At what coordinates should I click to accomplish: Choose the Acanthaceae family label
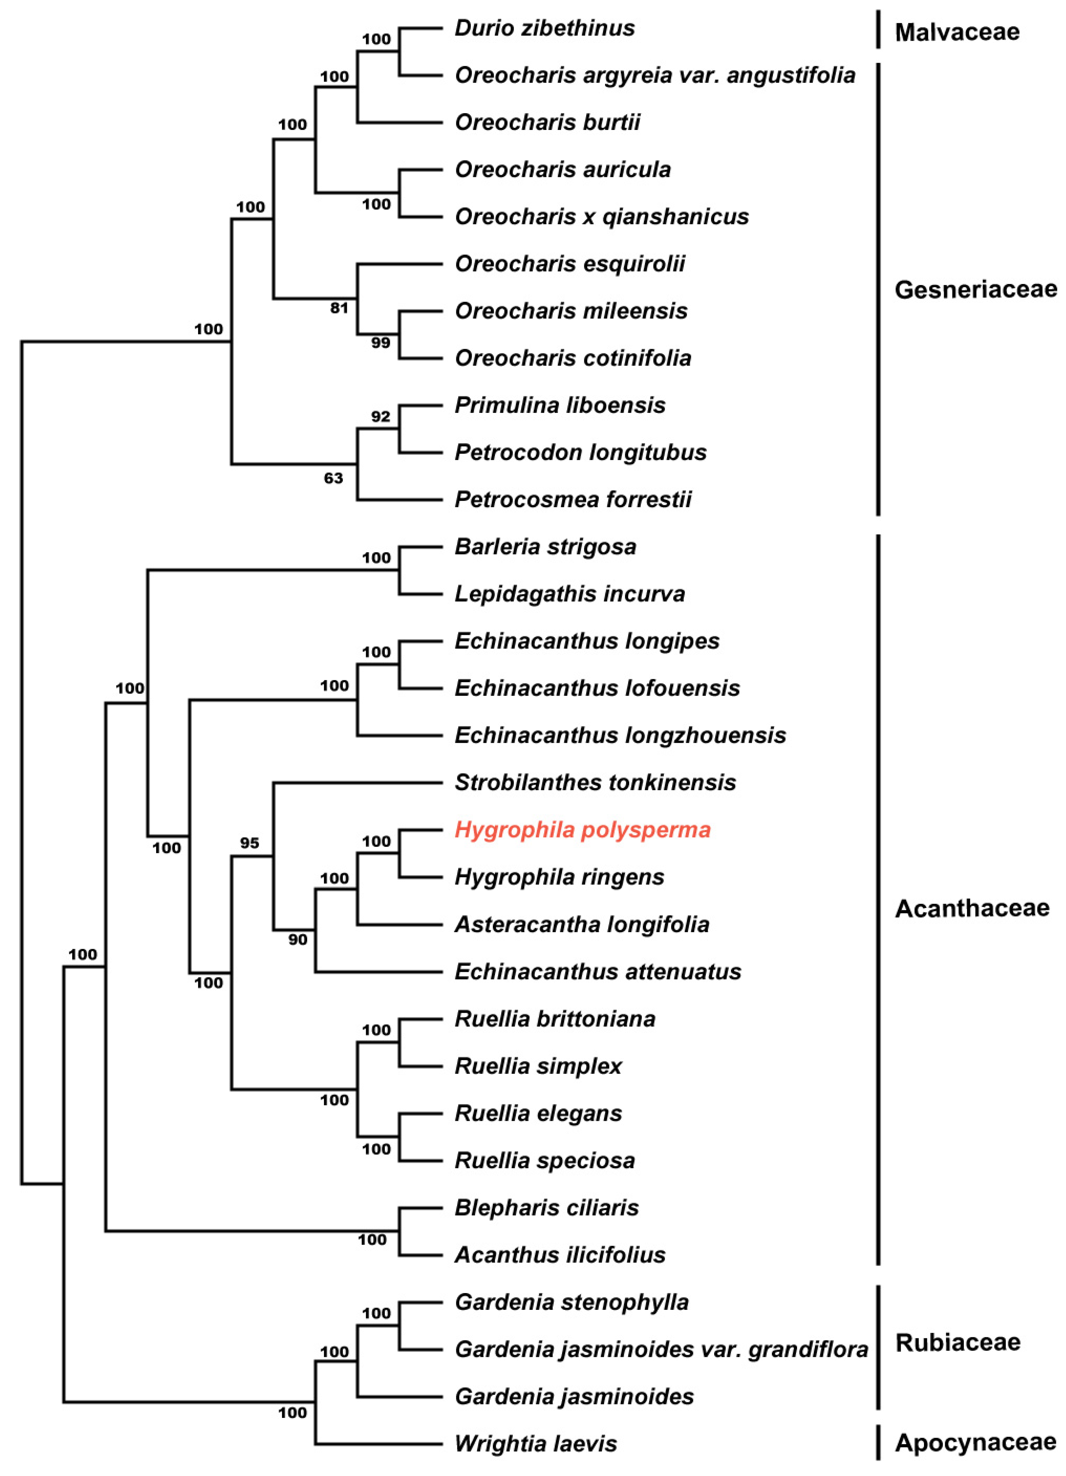click(972, 908)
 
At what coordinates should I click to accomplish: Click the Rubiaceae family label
click(957, 1342)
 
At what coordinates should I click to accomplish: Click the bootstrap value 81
click(339, 308)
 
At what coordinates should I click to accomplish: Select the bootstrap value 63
click(333, 478)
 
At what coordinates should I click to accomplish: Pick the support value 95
click(249, 843)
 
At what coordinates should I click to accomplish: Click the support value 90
click(297, 939)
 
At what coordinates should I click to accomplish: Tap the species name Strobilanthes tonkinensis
click(595, 782)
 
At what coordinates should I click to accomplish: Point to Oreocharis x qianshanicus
click(601, 217)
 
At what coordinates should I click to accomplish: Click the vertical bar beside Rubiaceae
click(879, 1347)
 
